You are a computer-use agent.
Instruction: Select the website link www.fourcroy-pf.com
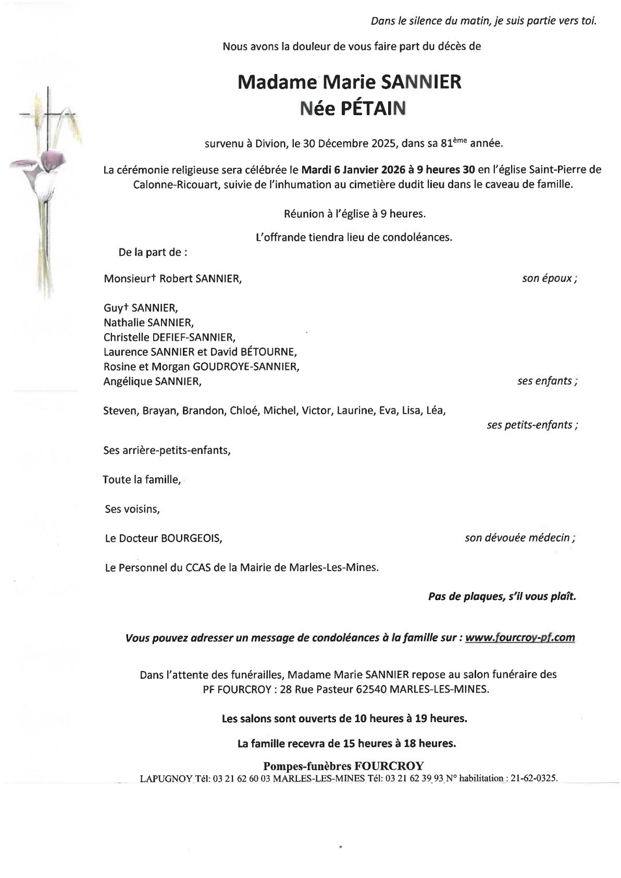519,637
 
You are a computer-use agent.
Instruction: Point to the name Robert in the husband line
176,279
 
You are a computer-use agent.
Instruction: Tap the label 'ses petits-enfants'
531,425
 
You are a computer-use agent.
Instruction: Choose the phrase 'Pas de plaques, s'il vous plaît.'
502,597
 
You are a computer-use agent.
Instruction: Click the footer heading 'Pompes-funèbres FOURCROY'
343,766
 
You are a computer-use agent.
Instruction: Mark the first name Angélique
128,381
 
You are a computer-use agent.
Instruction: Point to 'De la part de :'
153,252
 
